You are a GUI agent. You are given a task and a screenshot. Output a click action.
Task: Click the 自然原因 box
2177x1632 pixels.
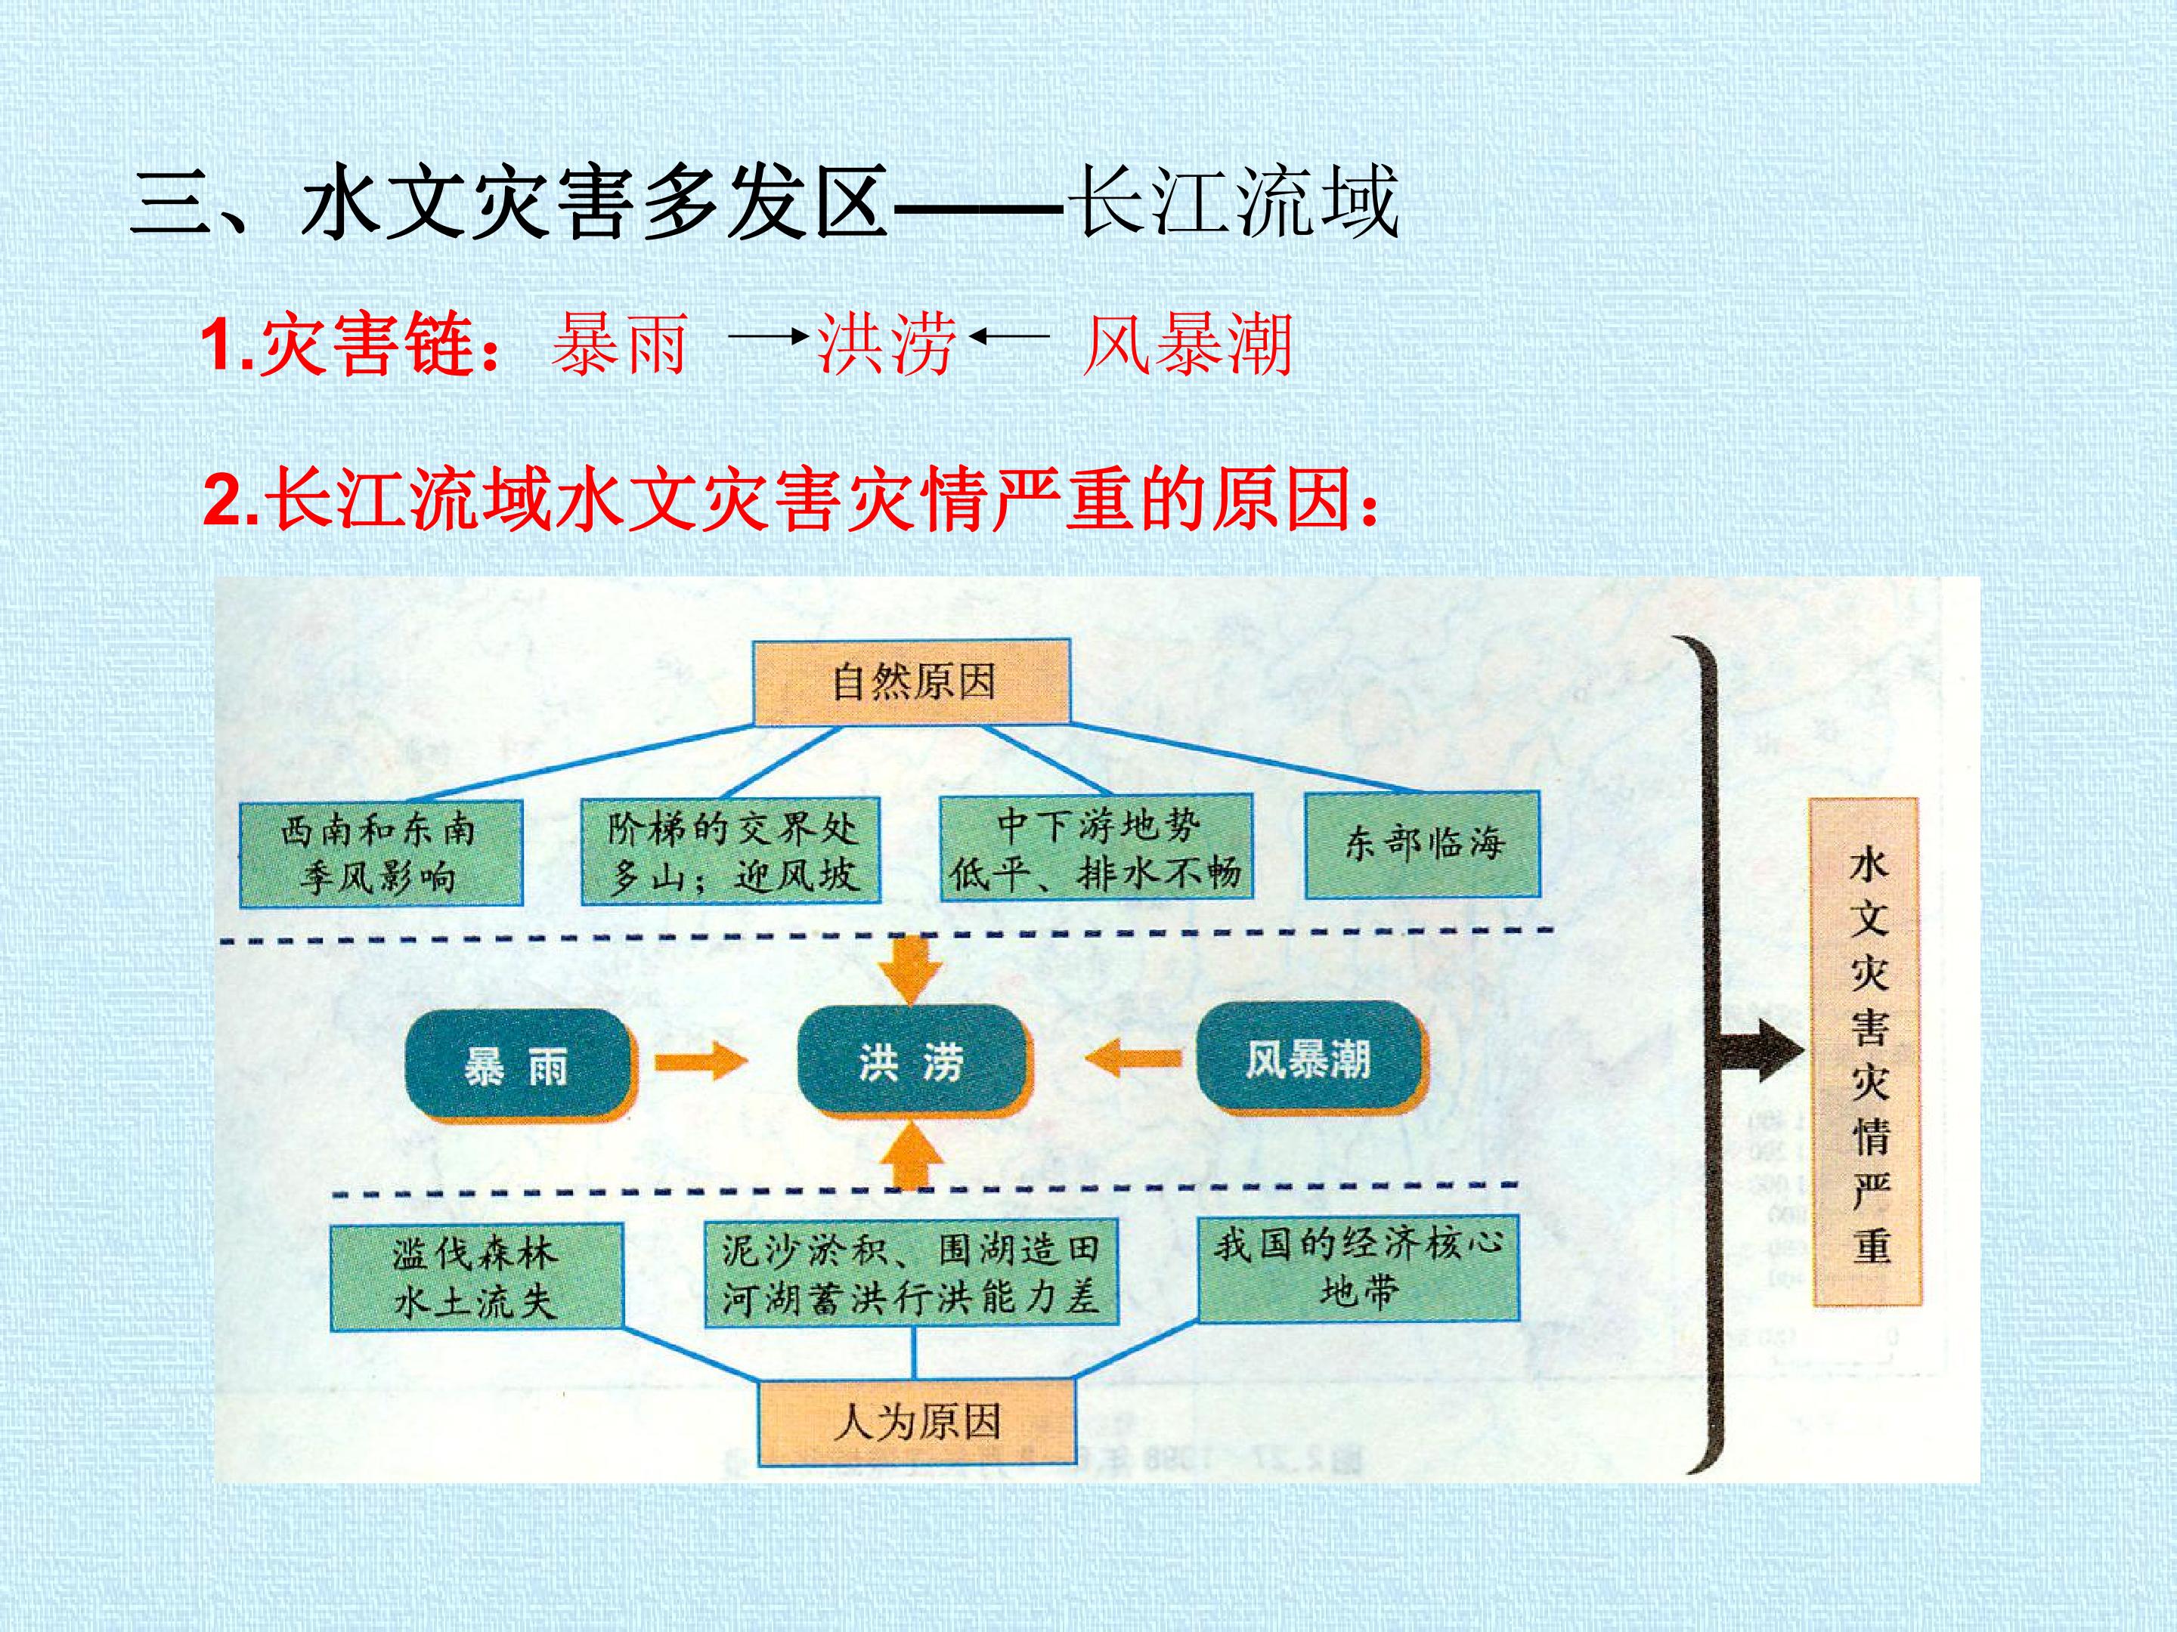coord(912,682)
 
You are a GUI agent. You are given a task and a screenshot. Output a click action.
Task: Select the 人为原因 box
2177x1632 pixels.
coord(916,1421)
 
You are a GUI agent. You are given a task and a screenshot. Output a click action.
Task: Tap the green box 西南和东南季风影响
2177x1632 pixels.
coord(381,853)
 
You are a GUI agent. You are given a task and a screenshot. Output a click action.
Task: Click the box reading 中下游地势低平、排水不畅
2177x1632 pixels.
coord(1095,847)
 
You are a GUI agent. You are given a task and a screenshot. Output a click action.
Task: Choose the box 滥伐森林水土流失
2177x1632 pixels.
coord(476,1277)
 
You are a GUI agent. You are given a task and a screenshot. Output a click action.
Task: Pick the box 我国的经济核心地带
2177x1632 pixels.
coord(1357,1268)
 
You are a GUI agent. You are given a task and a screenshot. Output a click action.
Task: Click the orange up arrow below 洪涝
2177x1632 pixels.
coord(912,1156)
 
